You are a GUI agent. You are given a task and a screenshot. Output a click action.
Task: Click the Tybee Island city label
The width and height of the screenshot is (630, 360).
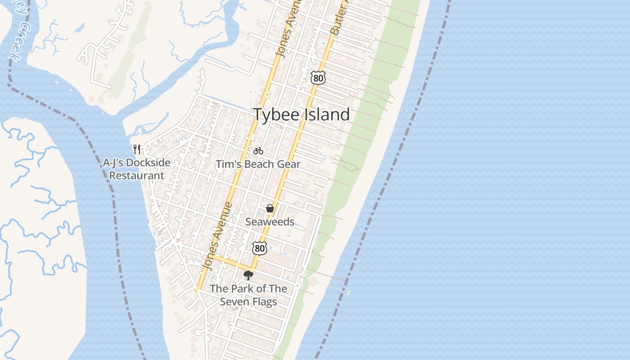tap(301, 114)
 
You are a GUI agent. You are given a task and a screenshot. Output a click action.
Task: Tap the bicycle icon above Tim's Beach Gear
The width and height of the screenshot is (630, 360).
tap(258, 151)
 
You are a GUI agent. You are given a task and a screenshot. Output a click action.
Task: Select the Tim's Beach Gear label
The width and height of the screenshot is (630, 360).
tap(258, 164)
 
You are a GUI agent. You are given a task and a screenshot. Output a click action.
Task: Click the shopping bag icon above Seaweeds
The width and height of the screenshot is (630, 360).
tap(270, 208)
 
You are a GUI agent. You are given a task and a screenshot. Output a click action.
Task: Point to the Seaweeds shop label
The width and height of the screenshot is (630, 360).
tap(270, 222)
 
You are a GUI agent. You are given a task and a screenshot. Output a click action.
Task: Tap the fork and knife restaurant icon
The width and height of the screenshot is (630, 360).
tap(137, 149)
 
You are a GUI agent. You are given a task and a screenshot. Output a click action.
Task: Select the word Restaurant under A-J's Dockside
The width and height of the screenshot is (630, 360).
tap(137, 175)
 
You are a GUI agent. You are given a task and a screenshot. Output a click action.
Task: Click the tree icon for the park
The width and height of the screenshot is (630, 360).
tap(248, 275)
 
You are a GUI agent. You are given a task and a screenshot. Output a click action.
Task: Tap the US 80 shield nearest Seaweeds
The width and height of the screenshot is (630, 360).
tap(259, 247)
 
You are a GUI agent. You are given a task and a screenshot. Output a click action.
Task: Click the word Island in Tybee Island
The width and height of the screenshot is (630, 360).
tap(326, 114)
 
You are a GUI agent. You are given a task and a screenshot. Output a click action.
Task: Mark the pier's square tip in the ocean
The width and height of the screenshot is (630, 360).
tap(349, 292)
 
